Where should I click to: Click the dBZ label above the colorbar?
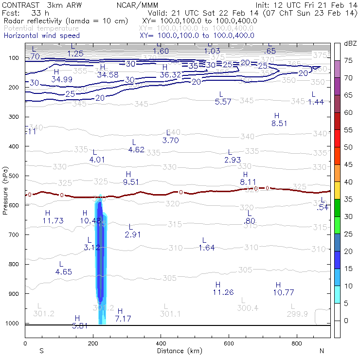350,44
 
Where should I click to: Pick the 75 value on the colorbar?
348,60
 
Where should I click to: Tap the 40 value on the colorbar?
348,181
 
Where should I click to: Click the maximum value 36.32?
170,74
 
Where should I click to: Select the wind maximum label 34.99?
62,79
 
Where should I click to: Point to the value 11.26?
223,292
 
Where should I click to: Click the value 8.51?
279,123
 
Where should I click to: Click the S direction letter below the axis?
41,350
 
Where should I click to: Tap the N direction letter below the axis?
321,350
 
